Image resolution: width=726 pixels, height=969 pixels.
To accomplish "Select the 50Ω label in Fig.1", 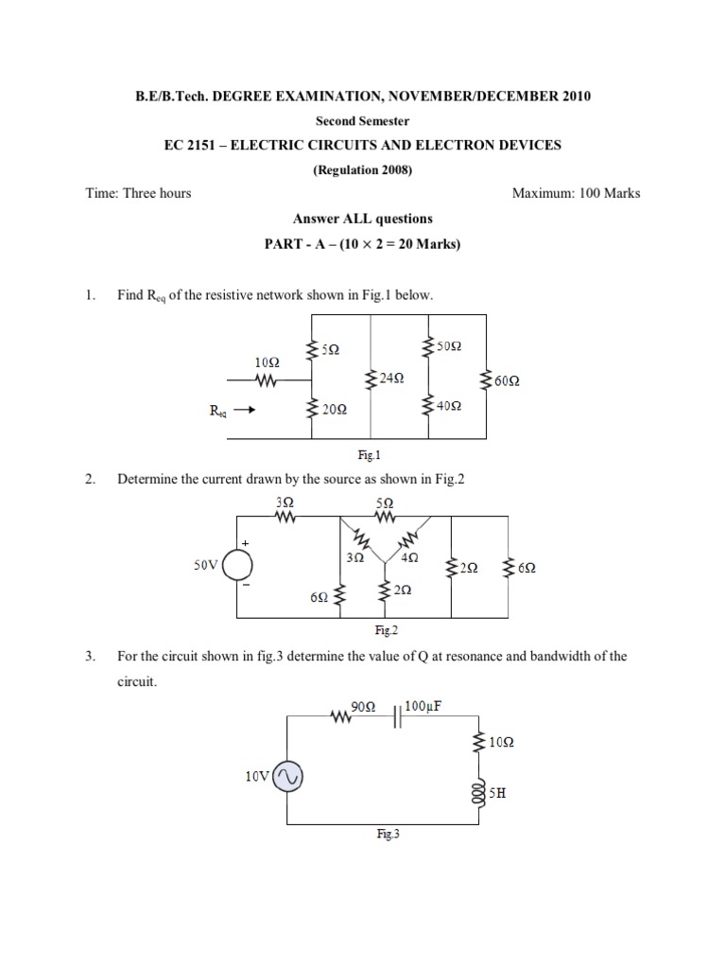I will [449, 346].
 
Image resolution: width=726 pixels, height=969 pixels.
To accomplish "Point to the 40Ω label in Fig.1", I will [449, 407].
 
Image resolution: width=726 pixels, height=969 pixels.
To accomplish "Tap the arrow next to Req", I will [243, 411].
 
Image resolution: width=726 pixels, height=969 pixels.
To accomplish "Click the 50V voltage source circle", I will [237, 565].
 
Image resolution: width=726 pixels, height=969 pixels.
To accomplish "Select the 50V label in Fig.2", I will [206, 565].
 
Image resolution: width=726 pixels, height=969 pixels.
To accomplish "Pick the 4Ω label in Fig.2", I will [410, 558].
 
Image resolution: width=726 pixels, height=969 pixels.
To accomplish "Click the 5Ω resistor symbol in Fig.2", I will [384, 518].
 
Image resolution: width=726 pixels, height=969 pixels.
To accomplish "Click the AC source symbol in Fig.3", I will [287, 777].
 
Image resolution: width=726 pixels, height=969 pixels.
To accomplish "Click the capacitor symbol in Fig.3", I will [398, 719].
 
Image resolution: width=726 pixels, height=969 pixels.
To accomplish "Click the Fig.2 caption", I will [384, 628].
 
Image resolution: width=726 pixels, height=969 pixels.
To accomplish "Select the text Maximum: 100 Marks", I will [576, 193].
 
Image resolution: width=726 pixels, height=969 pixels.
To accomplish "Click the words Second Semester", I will [362, 121].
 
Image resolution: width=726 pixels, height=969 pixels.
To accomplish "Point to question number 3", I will [90, 656].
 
